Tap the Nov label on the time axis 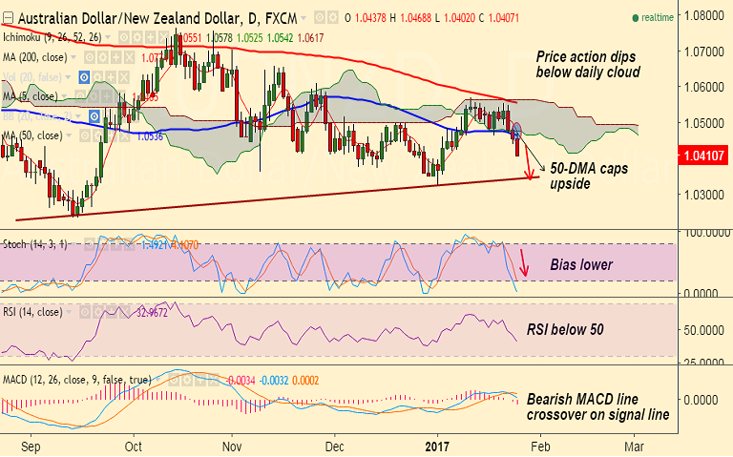(x=232, y=446)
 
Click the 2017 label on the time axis (x=436, y=446)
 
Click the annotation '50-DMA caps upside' (x=583, y=173)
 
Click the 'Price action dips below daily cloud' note (x=586, y=64)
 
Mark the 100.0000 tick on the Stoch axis (x=701, y=233)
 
